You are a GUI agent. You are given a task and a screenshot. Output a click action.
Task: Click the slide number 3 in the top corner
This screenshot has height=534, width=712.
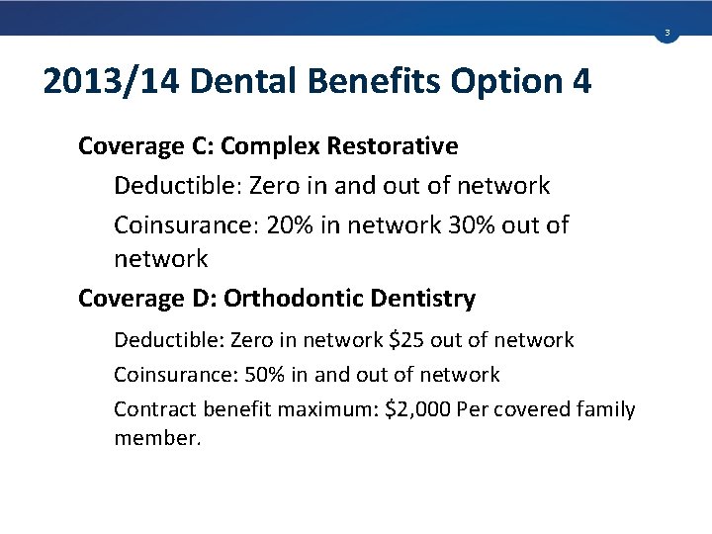coord(667,34)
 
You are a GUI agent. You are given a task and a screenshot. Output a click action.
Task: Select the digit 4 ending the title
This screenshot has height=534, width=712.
coord(581,81)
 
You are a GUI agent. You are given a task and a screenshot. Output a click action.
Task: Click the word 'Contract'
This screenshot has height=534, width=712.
coord(153,409)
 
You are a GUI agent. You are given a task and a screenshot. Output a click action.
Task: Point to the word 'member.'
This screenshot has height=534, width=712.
coord(157,437)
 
